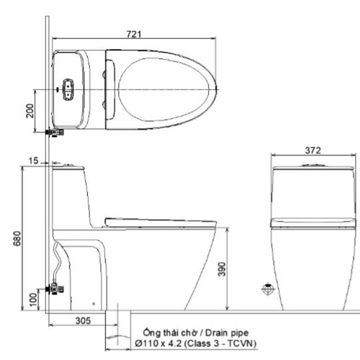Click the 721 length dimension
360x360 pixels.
[x=134, y=34]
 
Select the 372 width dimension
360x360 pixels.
[x=312, y=150]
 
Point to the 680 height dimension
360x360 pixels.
[x=17, y=238]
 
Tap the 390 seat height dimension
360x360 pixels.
[x=222, y=269]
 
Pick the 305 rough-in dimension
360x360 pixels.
[x=83, y=320]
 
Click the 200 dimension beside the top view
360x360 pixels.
[x=30, y=111]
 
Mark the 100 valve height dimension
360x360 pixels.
[x=33, y=300]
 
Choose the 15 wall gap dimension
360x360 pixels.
[x=33, y=161]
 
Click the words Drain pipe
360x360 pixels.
[x=227, y=333]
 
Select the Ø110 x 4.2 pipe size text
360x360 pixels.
[x=158, y=343]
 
